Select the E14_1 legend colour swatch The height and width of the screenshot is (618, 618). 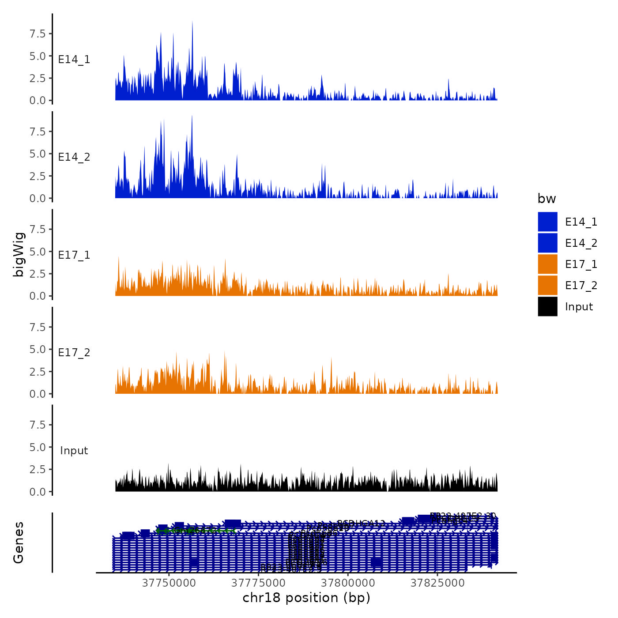click(547, 222)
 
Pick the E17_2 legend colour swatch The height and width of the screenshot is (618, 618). click(547, 285)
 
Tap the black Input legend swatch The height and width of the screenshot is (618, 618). click(547, 306)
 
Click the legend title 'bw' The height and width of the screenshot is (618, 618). click(546, 199)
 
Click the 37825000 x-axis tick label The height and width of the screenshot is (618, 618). click(437, 583)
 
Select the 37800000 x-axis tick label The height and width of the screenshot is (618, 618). click(348, 583)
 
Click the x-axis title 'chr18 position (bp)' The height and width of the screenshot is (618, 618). click(306, 598)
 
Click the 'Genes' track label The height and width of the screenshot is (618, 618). click(19, 543)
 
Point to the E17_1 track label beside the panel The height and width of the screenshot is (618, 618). click(74, 255)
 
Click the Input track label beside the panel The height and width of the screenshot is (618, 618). click(74, 451)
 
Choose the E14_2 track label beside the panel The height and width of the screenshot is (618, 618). click(74, 157)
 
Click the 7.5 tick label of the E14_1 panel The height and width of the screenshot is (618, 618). click(38, 34)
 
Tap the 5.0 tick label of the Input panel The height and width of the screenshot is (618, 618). click(38, 447)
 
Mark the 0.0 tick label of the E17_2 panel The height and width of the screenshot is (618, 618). click(38, 394)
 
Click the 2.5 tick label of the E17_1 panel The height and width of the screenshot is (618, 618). click(38, 274)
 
